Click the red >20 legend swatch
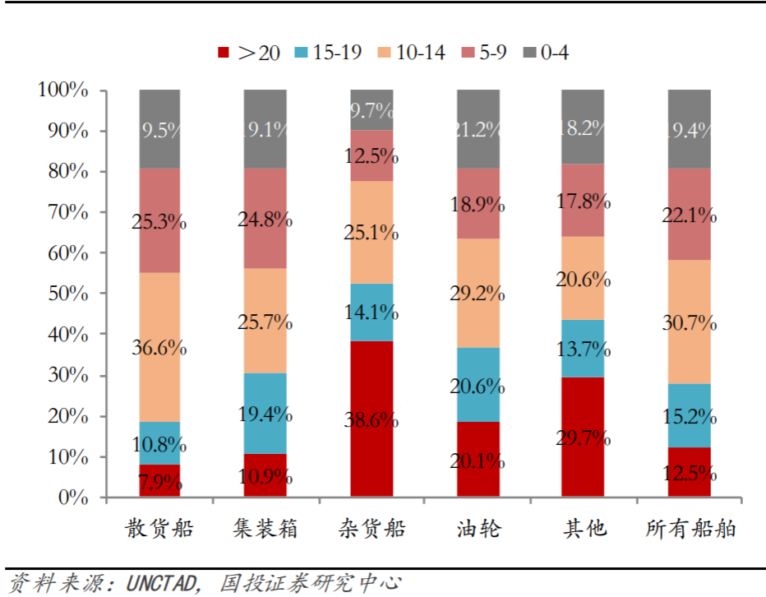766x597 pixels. [x=222, y=53]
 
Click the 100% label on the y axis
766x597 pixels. [x=62, y=90]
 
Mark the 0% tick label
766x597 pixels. [x=71, y=497]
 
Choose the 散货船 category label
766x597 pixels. [x=159, y=528]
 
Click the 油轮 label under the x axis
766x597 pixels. [x=478, y=528]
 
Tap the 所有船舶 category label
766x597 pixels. [x=690, y=528]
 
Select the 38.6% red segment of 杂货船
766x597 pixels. [x=371, y=419]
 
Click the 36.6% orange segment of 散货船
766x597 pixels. [x=159, y=347]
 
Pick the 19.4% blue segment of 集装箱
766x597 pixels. [x=265, y=414]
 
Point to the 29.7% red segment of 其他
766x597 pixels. [x=583, y=437]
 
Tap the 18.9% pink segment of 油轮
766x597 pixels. [x=478, y=203]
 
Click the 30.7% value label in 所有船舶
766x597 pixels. [x=690, y=322]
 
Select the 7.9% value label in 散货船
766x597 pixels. [x=159, y=483]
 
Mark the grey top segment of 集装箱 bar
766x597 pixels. [x=265, y=129]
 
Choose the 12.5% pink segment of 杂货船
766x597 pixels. [x=371, y=155]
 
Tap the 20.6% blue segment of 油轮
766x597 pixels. [x=478, y=385]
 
